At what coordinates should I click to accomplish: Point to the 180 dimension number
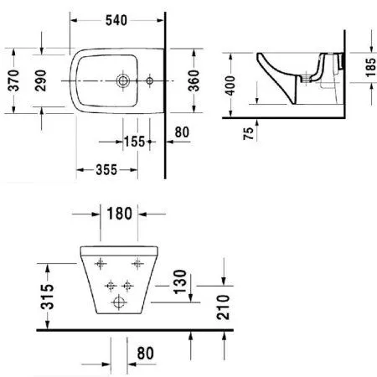(x=119, y=214)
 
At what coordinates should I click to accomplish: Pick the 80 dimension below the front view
(x=147, y=352)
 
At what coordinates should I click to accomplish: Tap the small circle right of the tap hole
(x=149, y=81)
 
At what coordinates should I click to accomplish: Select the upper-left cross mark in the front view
(x=102, y=264)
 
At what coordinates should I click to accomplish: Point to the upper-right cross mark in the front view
(x=137, y=264)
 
